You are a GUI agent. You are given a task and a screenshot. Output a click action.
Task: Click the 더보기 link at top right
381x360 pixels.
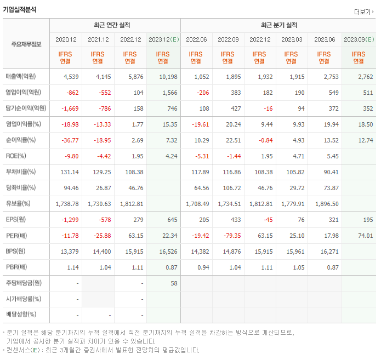pyautogui.click(x=363, y=12)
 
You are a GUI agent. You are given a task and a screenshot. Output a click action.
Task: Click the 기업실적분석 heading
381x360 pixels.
pyautogui.click(x=20, y=10)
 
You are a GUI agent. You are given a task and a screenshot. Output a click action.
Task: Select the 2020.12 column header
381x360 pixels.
pyautogui.click(x=66, y=39)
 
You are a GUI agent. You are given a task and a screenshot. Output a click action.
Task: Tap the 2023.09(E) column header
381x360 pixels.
pyautogui.click(x=359, y=39)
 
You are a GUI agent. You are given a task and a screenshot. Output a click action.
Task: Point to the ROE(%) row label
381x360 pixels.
pyautogui.click(x=15, y=156)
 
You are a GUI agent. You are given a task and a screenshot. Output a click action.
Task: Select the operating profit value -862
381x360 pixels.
pyautogui.click(x=70, y=93)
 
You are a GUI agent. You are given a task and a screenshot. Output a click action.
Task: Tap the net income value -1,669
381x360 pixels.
pyautogui.click(x=70, y=108)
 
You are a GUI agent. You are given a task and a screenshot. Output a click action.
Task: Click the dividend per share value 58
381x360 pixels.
pyautogui.click(x=173, y=283)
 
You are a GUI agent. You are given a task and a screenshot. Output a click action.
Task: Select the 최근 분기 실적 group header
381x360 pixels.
pyautogui.click(x=279, y=25)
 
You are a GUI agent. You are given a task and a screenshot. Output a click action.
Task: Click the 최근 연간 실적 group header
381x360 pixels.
pyautogui.click(x=116, y=25)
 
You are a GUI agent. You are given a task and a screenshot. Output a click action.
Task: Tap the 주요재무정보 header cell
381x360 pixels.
pyautogui.click(x=26, y=44)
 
